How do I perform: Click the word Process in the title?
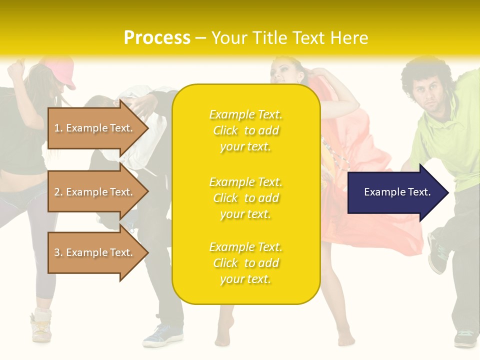[157, 38]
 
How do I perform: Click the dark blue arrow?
[397, 192]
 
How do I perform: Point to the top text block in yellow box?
[245, 130]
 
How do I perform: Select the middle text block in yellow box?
[245, 198]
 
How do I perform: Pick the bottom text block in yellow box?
[245, 263]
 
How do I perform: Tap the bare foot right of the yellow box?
[345, 335]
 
